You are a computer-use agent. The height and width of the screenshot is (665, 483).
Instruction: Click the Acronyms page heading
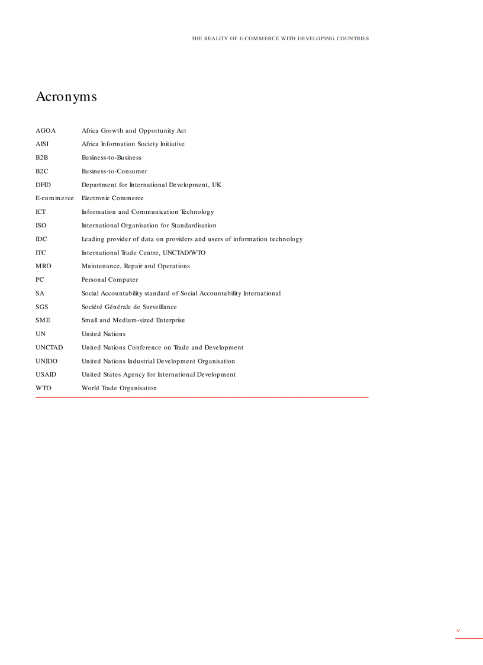pos(66,97)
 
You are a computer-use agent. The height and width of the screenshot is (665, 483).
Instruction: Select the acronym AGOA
pos(46,131)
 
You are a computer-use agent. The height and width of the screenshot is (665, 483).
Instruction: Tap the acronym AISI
pos(42,144)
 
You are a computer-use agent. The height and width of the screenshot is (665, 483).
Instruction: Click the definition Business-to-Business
pos(111,158)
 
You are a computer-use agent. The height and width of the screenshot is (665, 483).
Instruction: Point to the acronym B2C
pos(42,172)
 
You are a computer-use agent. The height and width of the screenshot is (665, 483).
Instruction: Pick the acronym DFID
pos(43,185)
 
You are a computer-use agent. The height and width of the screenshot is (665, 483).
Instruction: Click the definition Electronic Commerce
pos(112,198)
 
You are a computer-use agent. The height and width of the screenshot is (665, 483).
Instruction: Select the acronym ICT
pos(41,212)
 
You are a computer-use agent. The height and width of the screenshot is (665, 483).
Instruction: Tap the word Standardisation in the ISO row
pos(194,226)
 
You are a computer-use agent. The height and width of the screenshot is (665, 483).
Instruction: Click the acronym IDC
pos(41,239)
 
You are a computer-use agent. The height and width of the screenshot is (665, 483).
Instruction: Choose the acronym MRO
pos(43,266)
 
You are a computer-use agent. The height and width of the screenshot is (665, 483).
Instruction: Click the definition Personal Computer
pos(110,280)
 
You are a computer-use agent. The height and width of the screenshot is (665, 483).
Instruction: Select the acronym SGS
pos(42,307)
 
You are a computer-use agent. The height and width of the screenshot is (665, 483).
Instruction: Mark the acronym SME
pos(43,320)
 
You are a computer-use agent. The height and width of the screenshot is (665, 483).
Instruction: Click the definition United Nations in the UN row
pos(104,334)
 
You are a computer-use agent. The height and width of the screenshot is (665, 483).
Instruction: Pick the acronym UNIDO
pos(47,361)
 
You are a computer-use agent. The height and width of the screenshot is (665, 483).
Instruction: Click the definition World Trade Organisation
pos(119,388)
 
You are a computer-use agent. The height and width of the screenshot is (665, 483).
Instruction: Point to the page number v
pos(458,631)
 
